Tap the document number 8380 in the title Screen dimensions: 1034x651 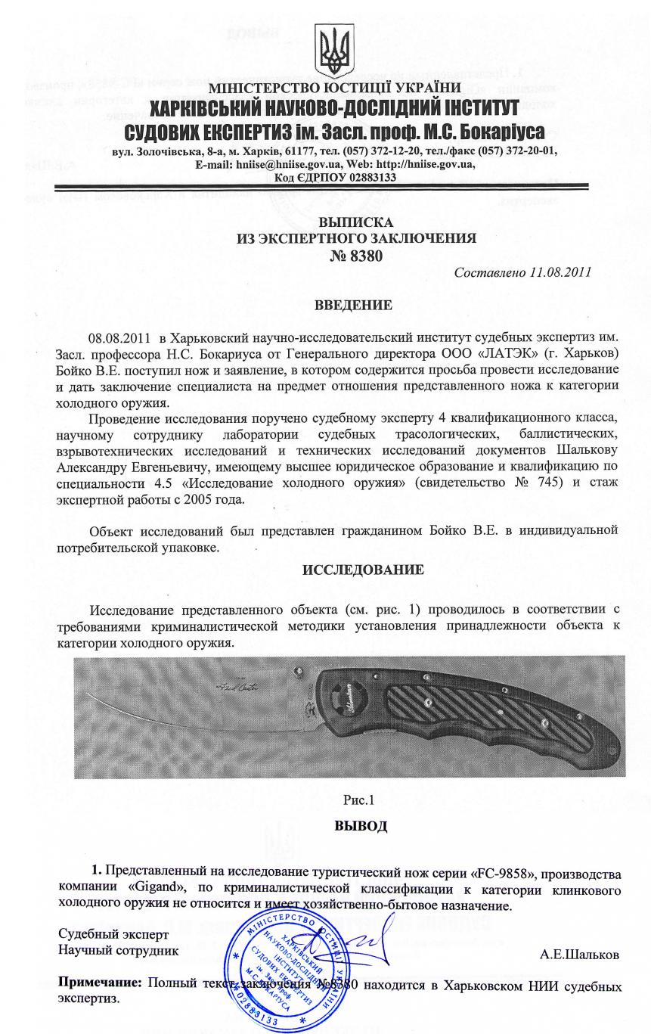tap(368, 256)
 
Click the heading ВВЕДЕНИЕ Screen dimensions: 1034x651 tap(352, 306)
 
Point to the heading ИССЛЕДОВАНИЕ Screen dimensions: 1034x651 tap(363, 569)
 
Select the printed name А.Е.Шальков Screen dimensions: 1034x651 tap(580, 955)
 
